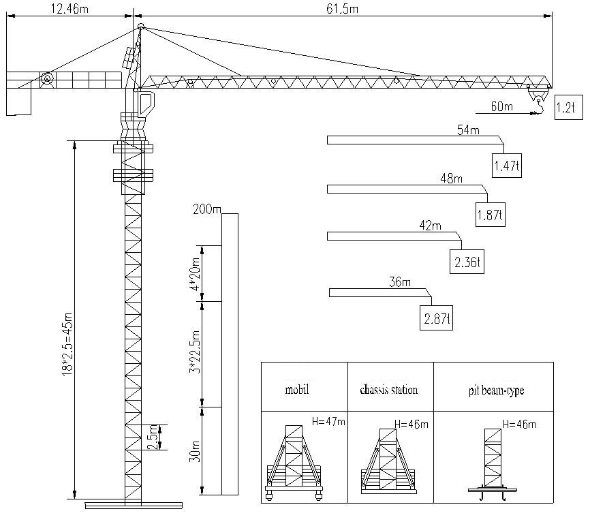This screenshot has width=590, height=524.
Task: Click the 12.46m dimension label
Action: [69, 8]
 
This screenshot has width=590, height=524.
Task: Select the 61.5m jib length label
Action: [342, 8]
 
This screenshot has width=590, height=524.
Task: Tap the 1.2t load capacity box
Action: [569, 108]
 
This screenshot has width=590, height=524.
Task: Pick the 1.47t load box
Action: [506, 166]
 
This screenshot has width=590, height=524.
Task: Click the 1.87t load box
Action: [491, 215]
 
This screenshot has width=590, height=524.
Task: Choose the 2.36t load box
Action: [467, 262]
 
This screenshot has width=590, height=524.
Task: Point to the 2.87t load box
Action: [436, 318]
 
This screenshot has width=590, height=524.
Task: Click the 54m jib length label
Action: [468, 130]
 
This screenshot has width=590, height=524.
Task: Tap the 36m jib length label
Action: [400, 282]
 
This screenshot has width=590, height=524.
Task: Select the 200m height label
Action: [206, 209]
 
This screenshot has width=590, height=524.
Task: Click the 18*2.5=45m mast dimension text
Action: [67, 344]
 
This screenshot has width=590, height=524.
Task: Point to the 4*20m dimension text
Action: [195, 274]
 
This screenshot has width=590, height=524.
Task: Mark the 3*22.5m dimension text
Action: [195, 352]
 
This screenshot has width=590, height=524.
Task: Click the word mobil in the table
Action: [297, 389]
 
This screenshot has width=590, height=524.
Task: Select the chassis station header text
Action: [389, 389]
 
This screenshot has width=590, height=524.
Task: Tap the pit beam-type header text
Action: [496, 390]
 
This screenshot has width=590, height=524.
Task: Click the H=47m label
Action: [328, 421]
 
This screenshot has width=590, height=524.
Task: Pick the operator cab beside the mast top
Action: [146, 103]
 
